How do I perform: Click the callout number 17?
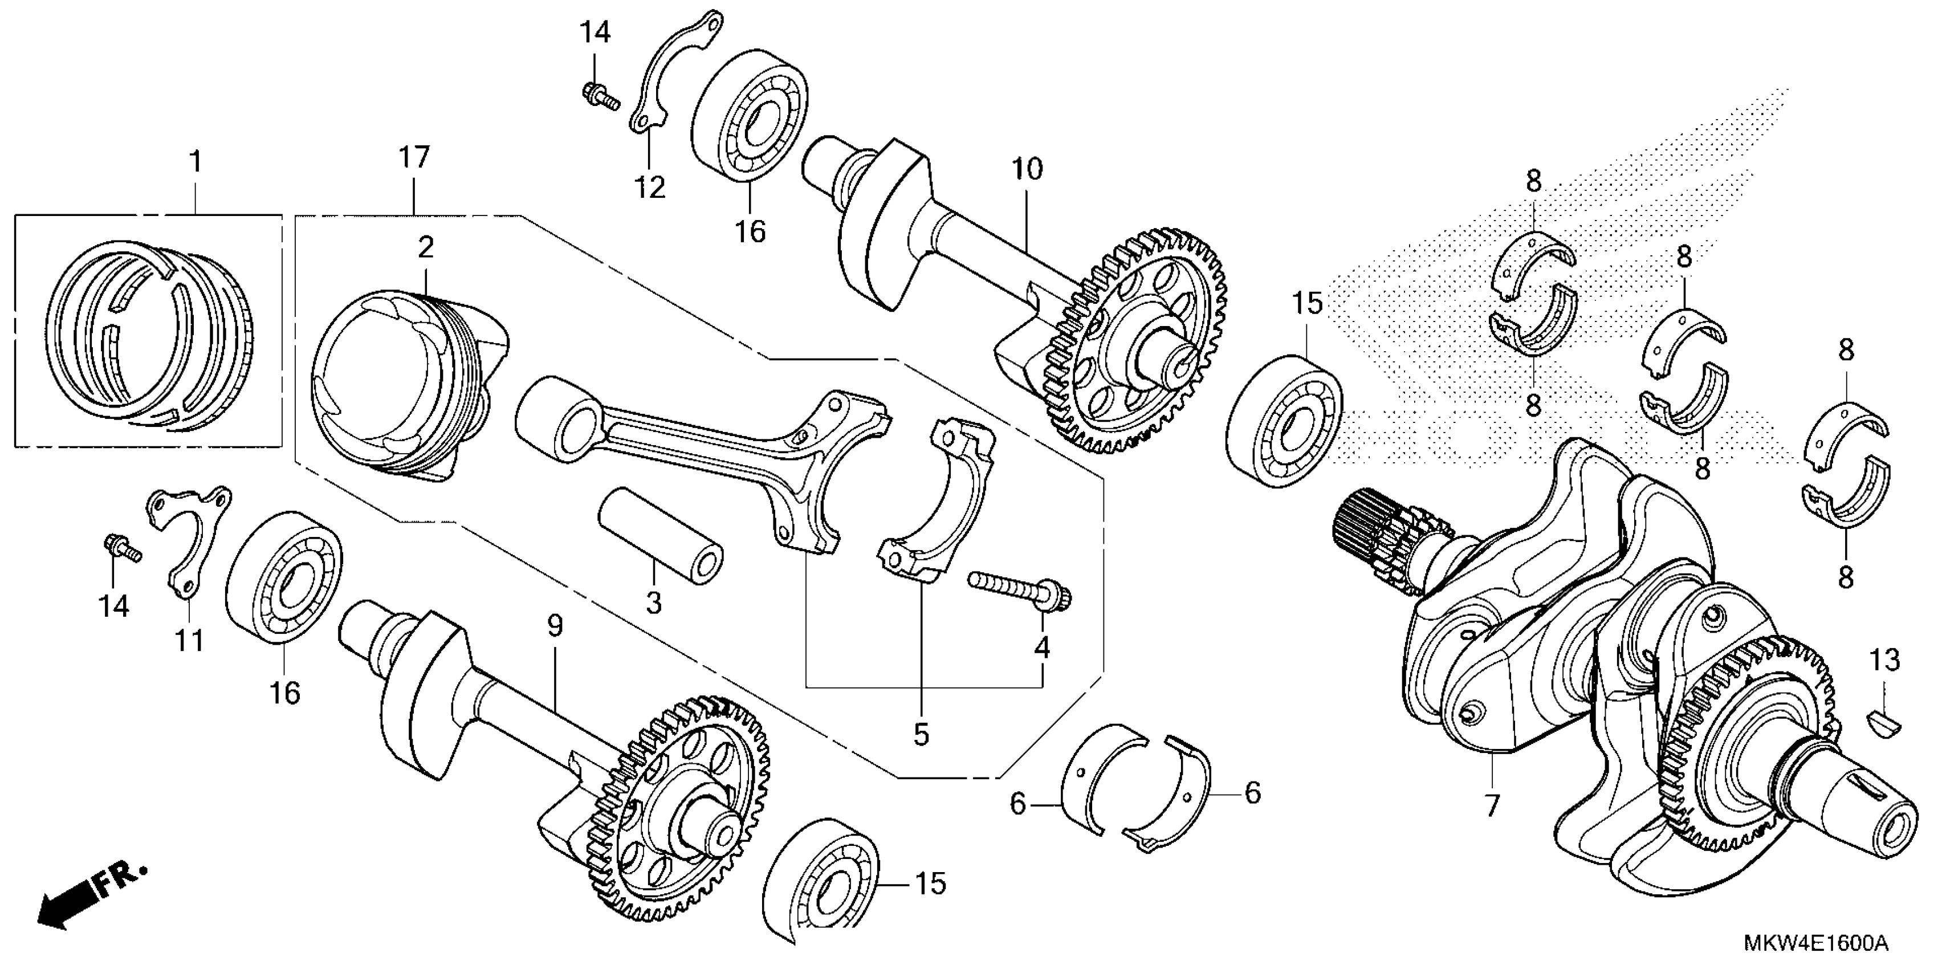point(414,158)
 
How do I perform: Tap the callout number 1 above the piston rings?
point(196,162)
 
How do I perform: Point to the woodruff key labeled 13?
point(1884,723)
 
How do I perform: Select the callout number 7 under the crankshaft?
point(1491,806)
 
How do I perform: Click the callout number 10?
point(1028,170)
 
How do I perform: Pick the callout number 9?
point(555,626)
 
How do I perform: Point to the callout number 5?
point(922,735)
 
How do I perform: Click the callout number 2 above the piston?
point(426,247)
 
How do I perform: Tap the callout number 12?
point(649,188)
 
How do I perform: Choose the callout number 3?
point(653,602)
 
